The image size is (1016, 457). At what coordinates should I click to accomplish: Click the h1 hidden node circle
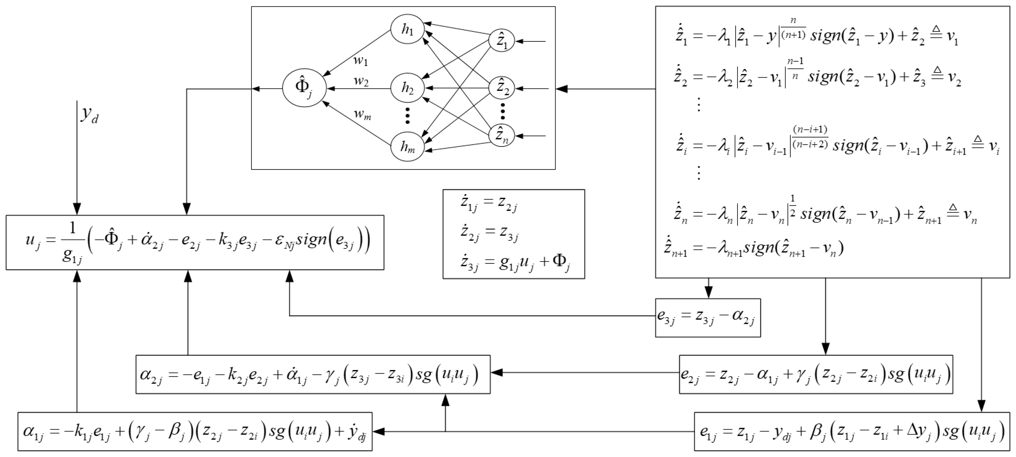408,30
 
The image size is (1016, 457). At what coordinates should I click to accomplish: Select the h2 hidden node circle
408,88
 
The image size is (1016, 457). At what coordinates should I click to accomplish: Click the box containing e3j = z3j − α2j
708,318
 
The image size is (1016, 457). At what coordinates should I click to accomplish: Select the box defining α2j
313,374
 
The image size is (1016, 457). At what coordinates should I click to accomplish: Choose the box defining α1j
195,431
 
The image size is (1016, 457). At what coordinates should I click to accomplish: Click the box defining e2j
816,374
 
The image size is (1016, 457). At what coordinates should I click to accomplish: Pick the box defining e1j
852,431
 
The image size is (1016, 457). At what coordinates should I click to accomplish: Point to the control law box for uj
195,242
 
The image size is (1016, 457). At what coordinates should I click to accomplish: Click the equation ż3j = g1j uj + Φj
515,262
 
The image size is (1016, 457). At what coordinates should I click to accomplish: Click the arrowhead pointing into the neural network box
562,89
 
